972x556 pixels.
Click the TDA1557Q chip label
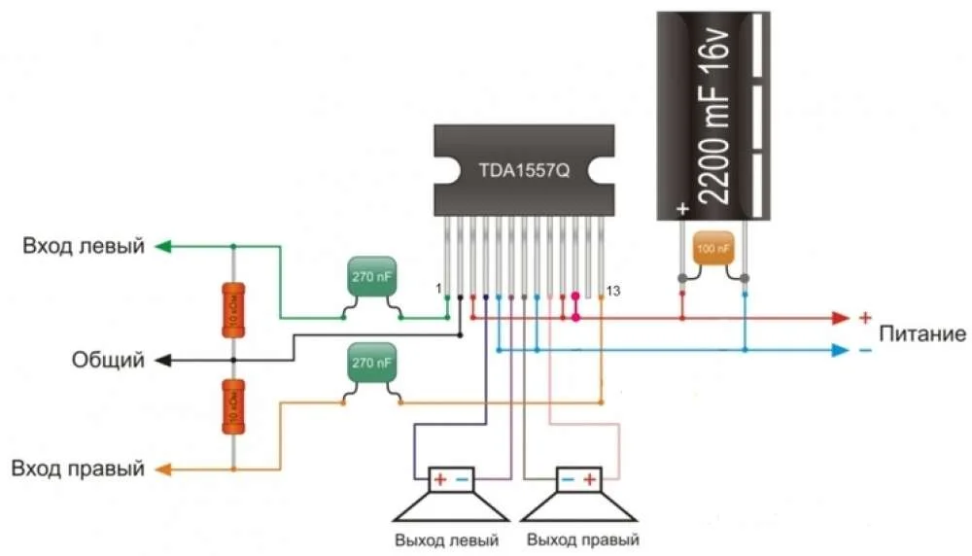tap(524, 170)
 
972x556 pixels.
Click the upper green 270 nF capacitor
tap(372, 280)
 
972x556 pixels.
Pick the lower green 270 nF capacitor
tap(372, 364)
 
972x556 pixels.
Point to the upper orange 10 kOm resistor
tap(233, 309)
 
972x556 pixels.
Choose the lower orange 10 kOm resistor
tap(233, 406)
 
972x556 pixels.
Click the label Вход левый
tap(85, 247)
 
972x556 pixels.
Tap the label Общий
tap(108, 361)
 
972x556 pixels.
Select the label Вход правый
tap(78, 469)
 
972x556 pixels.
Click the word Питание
tap(922, 334)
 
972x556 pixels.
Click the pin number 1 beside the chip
tap(438, 290)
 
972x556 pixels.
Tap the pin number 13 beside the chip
tap(613, 291)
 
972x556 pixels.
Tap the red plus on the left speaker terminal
tap(439, 479)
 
